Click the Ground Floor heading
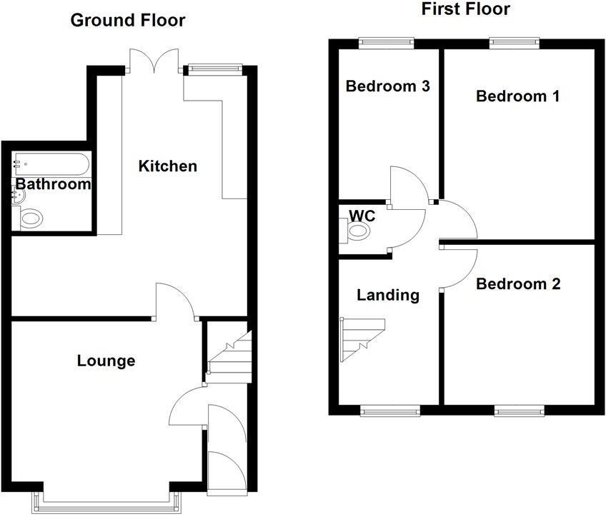[x=127, y=20]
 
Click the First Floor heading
[x=465, y=9]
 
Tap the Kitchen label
[x=167, y=166]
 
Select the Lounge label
[x=106, y=361]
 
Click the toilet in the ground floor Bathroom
[x=31, y=218]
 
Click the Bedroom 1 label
[x=517, y=96]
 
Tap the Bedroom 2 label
[x=518, y=284]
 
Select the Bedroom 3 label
[x=387, y=86]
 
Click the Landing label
[x=388, y=295]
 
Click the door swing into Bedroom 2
[x=457, y=266]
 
